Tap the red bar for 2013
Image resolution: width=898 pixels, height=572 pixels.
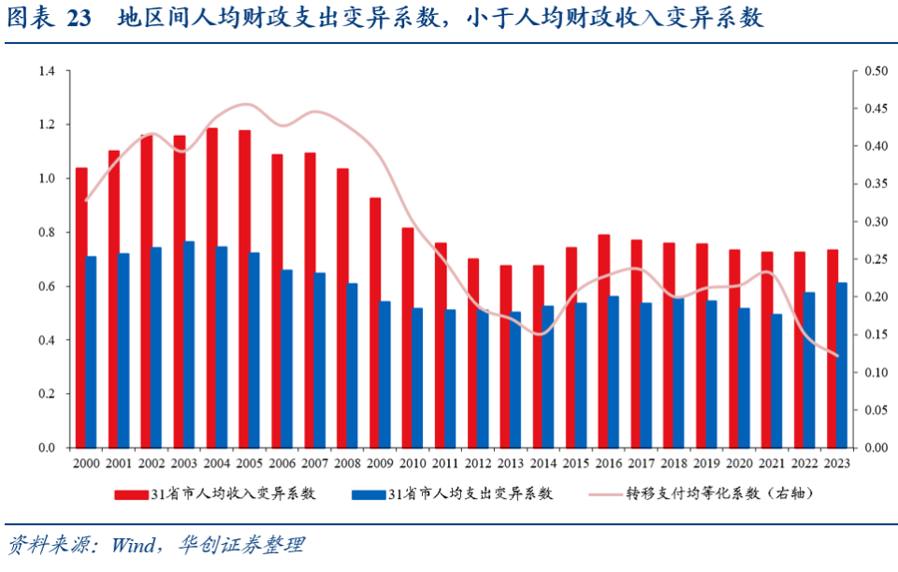[x=506, y=356]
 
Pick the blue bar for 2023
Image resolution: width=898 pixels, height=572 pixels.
[x=842, y=365]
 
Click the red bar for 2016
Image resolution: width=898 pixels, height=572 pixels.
[x=603, y=341]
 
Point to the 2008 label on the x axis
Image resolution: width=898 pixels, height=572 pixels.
[x=347, y=463]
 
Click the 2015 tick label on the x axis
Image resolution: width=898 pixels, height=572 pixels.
[x=575, y=463]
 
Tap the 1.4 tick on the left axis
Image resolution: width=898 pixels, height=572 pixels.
[x=47, y=71]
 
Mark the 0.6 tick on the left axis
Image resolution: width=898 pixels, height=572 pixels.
[x=47, y=286]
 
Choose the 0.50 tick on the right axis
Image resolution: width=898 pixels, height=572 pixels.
[x=876, y=71]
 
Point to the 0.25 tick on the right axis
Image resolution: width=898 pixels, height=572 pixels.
[x=876, y=259]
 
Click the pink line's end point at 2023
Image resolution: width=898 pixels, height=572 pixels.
[x=837, y=356]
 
